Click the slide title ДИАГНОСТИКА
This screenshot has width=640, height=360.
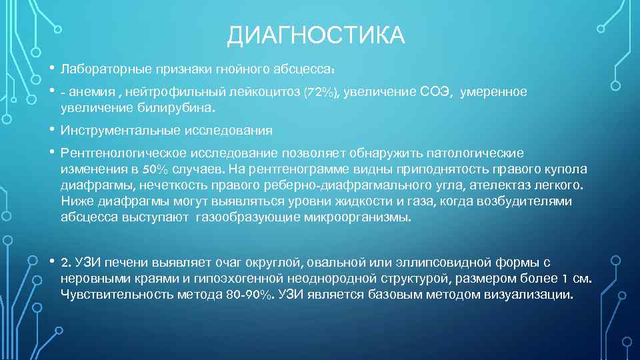(x=315, y=35)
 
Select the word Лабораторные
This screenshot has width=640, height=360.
(x=97, y=69)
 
